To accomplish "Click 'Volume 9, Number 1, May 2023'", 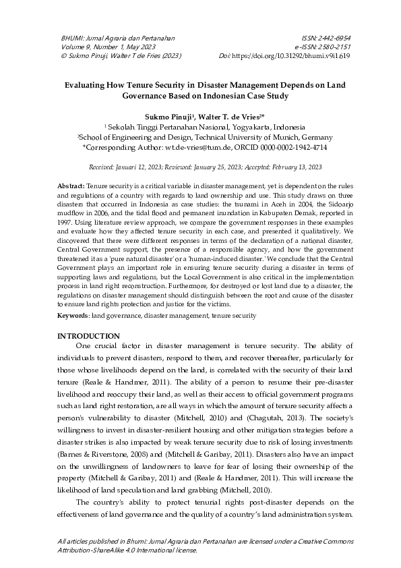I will click(98, 48).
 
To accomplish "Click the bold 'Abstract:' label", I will click(71, 185).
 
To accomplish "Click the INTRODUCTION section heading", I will click(88, 336).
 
